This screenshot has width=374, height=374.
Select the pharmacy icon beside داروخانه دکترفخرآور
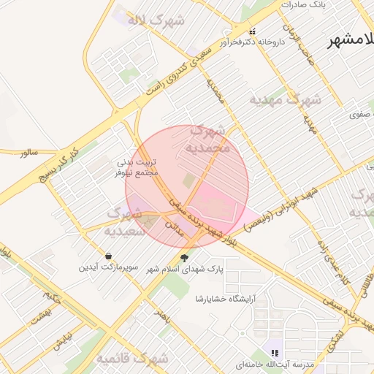point(253,31)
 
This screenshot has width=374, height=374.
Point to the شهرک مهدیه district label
point(285,99)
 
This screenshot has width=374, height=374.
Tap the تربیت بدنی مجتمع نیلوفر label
point(137,168)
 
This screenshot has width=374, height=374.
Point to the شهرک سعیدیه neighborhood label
point(131,221)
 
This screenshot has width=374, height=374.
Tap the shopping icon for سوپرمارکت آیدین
point(109,256)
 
